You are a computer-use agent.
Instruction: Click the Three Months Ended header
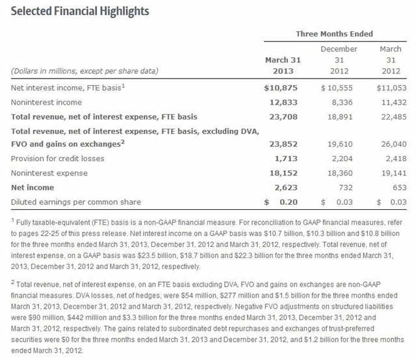334,33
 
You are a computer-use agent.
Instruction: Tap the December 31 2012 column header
339,60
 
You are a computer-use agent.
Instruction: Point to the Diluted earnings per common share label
76,202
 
